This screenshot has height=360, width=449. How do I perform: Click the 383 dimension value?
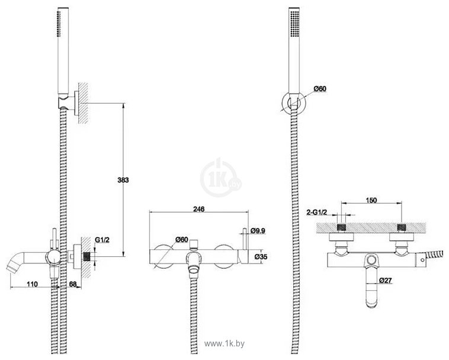[x=123, y=180]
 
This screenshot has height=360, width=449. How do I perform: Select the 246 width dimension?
[x=198, y=209]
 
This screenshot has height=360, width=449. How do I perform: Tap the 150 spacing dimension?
[x=371, y=200]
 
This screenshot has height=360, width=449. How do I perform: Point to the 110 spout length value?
[x=32, y=284]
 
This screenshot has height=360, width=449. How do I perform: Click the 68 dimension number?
[x=73, y=284]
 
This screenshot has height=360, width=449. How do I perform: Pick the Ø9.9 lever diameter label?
[x=258, y=230]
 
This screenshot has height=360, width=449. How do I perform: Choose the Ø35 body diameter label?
[x=261, y=257]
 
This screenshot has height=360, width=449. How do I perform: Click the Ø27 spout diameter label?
[x=385, y=280]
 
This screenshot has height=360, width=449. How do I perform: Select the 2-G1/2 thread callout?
[x=317, y=213]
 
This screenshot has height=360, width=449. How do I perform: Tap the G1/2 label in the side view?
[x=102, y=240]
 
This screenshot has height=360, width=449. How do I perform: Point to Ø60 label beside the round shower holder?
[x=319, y=89]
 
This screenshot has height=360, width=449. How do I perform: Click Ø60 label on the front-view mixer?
[x=181, y=239]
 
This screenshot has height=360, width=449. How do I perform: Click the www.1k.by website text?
[x=224, y=343]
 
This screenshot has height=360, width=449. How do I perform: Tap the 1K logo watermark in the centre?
[x=220, y=178]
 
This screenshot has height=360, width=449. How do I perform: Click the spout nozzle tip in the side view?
[x=10, y=269]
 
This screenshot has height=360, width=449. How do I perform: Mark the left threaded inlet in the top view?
[x=342, y=227]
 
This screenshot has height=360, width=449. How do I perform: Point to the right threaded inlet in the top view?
[x=401, y=227]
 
